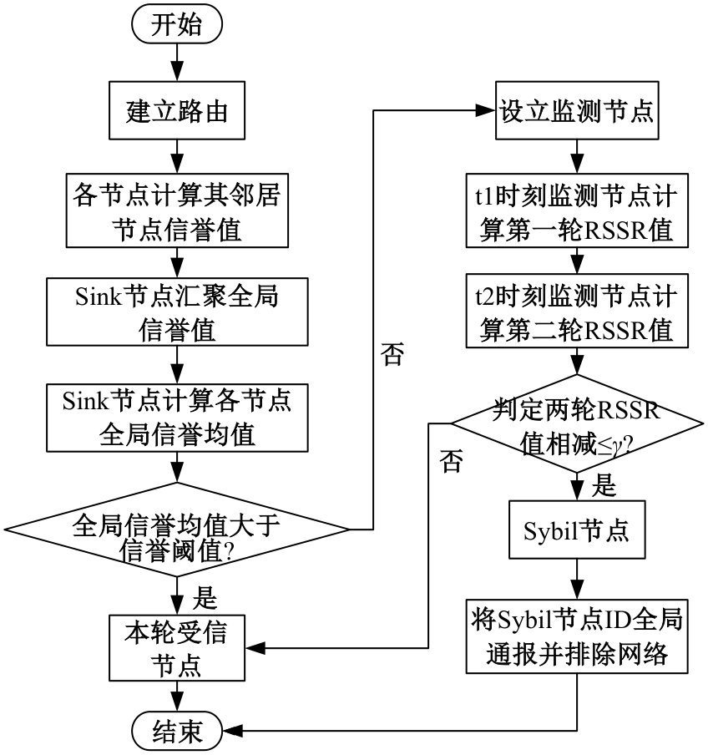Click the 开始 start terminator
176,26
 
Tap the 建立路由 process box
176,110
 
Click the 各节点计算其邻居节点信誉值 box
176,212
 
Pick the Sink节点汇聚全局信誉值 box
176,313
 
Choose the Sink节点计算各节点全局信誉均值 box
176,415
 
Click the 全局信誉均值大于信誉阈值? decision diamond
176,529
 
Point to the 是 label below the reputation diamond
205,598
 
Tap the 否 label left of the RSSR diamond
451,462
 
